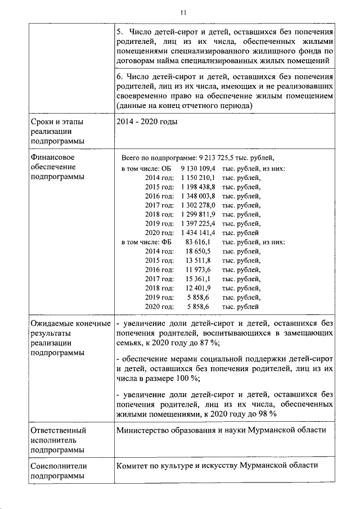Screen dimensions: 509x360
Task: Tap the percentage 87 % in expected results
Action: [x=209, y=343]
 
